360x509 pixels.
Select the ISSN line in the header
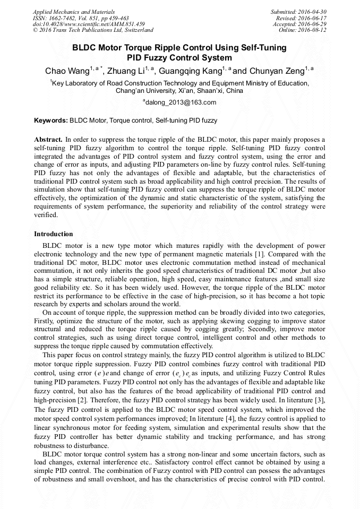point(81,18)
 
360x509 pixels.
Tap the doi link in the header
point(89,24)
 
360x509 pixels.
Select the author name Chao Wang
point(66,71)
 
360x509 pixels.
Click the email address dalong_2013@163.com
point(181,102)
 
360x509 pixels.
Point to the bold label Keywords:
point(51,120)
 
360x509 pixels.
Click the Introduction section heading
point(54,234)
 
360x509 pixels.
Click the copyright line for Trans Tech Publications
point(93,30)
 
